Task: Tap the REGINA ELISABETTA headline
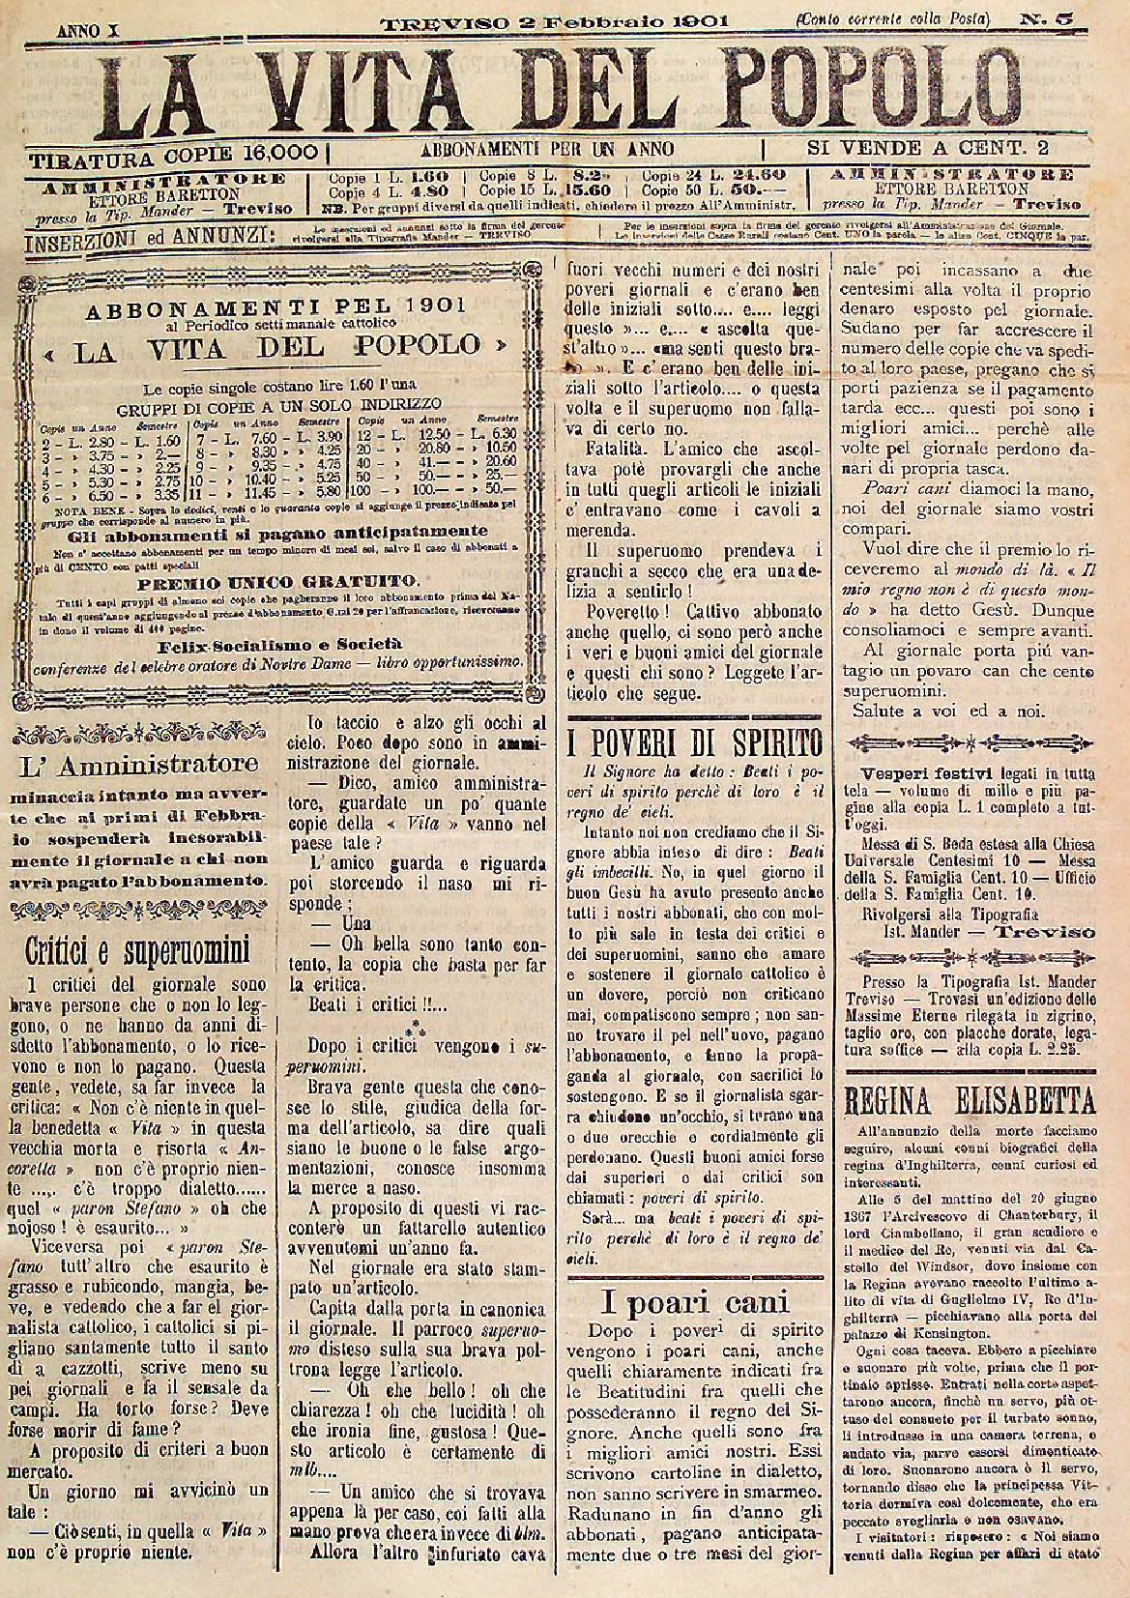tap(971, 1101)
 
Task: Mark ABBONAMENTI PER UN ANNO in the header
tap(547, 149)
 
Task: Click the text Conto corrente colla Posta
tap(893, 18)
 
